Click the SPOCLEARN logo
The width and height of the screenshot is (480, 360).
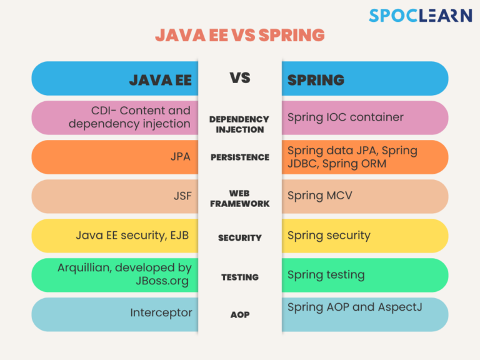(x=420, y=15)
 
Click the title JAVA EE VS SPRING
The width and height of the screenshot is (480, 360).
(x=240, y=35)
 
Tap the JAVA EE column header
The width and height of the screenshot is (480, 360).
(x=161, y=80)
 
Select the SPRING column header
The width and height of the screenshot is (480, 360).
(x=316, y=80)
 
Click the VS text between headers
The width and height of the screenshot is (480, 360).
(x=240, y=77)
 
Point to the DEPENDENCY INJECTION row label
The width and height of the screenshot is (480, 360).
(x=239, y=124)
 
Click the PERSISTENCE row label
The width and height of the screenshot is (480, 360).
(x=240, y=157)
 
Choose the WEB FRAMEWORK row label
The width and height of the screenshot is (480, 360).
(x=240, y=198)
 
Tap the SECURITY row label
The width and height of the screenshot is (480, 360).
(x=240, y=238)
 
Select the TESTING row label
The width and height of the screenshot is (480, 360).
(x=240, y=277)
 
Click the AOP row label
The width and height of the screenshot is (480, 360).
(x=240, y=315)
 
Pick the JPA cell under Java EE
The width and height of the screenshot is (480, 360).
(x=180, y=157)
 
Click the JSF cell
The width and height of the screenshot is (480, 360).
(x=182, y=196)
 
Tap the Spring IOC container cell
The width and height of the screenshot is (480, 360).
(x=345, y=117)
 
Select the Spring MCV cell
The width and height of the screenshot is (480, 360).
(x=320, y=196)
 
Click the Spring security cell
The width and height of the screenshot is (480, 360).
(x=329, y=236)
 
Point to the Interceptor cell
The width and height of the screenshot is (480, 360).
(x=161, y=313)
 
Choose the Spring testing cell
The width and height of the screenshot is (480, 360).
(x=326, y=275)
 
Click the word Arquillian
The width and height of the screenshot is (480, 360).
(x=84, y=268)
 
